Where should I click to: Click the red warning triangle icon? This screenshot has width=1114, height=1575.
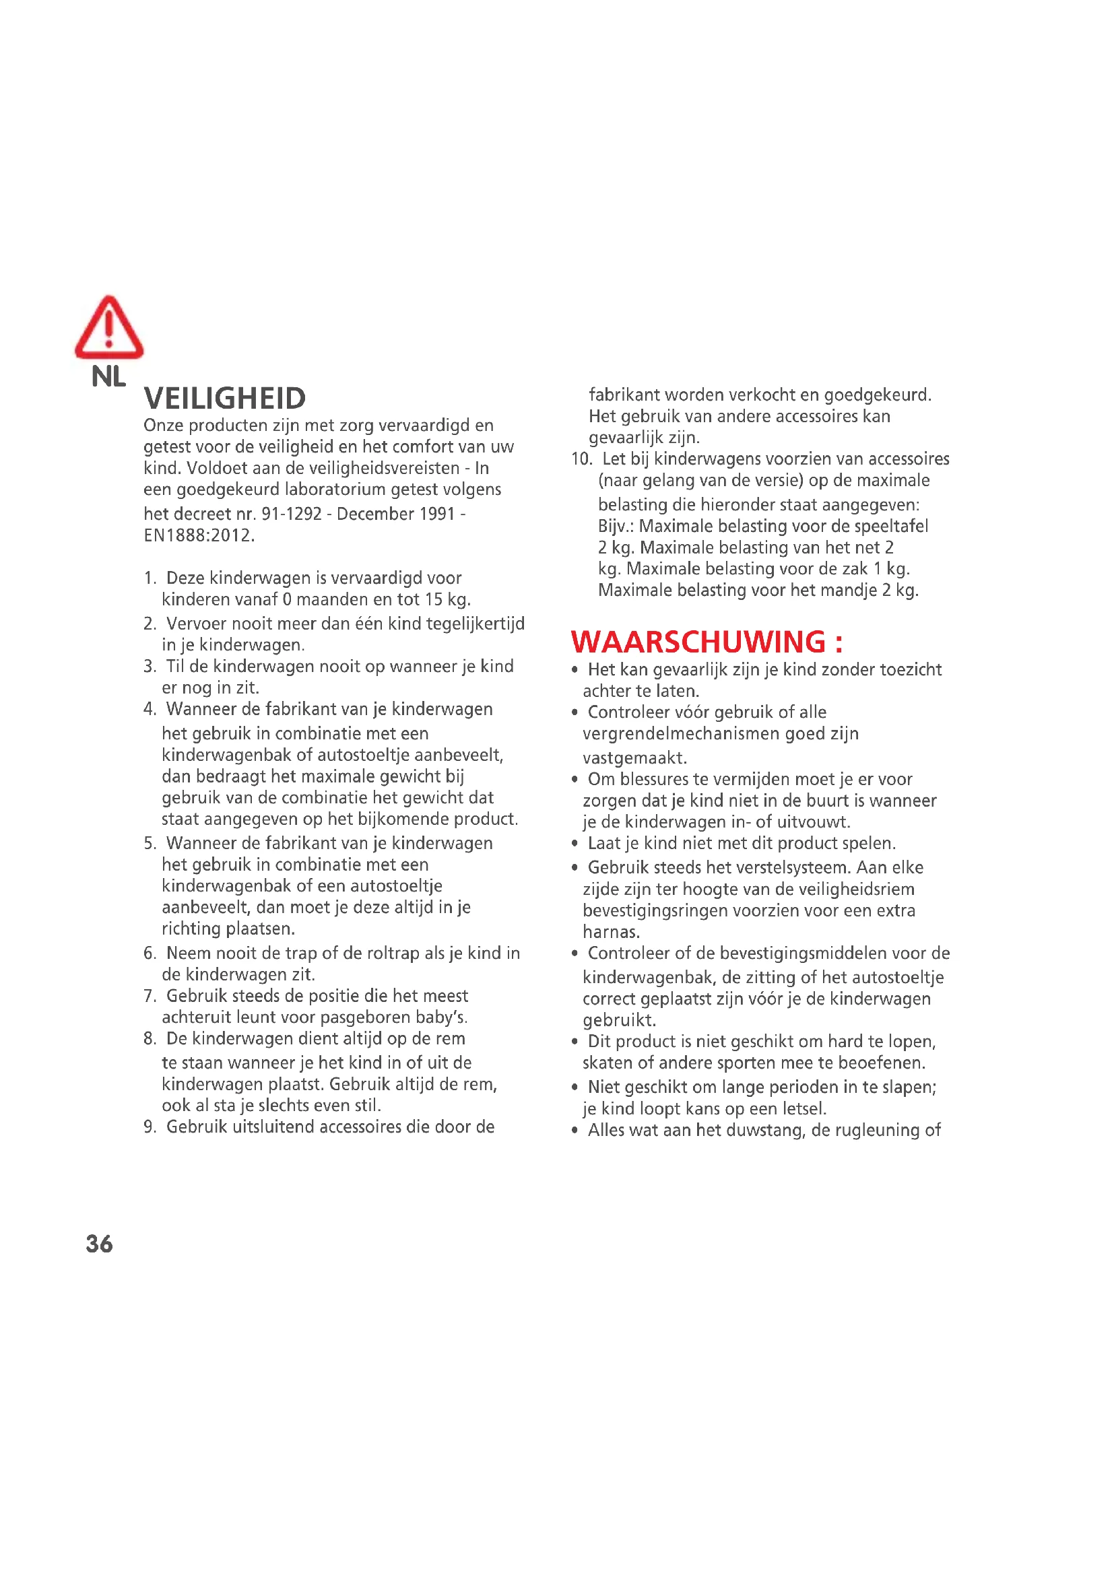109,329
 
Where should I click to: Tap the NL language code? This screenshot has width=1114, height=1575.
108,376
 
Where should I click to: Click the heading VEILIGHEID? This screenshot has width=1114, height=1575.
225,399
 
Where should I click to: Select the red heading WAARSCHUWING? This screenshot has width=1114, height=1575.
706,642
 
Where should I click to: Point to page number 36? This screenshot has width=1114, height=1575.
100,1244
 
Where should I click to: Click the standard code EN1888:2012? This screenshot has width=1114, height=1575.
198,536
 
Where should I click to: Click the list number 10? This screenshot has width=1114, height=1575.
581,459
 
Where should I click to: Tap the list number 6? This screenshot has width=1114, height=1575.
150,953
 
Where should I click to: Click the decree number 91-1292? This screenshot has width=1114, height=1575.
292,514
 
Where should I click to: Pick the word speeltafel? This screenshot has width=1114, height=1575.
889,526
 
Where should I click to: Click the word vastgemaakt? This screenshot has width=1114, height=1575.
634,758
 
